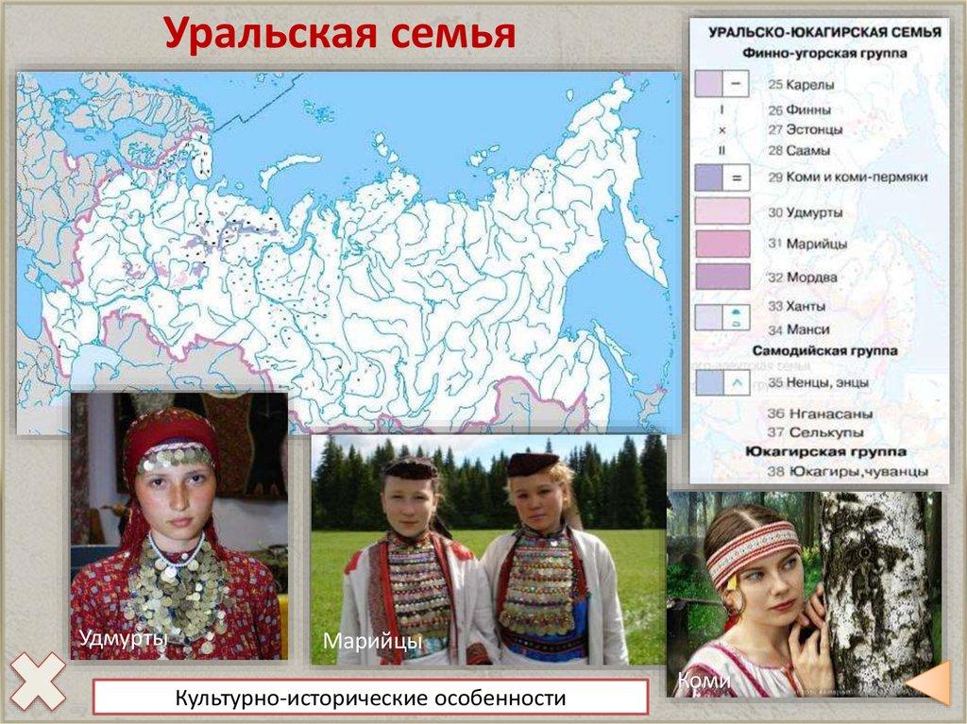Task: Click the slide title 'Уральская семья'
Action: coord(340,35)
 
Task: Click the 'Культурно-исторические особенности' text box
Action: coord(370,699)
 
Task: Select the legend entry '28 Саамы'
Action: coord(799,150)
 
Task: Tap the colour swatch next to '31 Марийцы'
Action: coord(722,244)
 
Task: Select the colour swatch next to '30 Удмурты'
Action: coord(722,211)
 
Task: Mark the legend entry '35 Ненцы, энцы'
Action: coord(817,383)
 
